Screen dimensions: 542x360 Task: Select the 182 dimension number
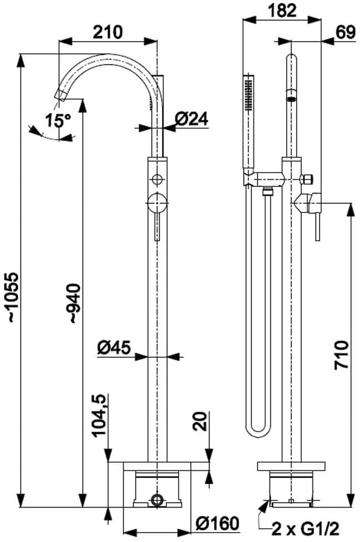coord(282,10)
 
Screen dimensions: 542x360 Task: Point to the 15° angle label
coord(58,119)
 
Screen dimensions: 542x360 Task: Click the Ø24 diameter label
coord(191,118)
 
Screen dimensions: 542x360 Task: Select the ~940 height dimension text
coord(74,303)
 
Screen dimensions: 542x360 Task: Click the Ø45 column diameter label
coord(114,347)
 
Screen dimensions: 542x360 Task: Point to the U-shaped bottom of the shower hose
coord(257,427)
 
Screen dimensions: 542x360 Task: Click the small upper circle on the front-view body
coord(158,179)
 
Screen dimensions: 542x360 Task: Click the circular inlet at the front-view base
coord(158,499)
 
